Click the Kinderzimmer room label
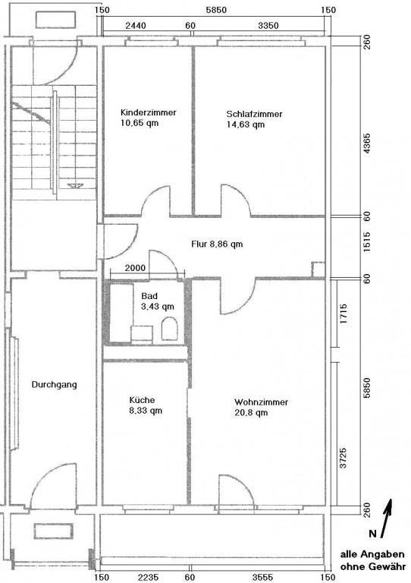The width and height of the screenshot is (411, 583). [x=149, y=117]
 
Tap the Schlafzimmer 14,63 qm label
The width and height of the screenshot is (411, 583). [x=254, y=119]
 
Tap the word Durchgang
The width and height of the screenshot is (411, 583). [x=54, y=385]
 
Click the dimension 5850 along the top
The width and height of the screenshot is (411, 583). [x=215, y=9]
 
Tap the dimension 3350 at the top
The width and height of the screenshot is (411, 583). [x=268, y=25]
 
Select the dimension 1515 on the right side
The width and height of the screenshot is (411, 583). [x=367, y=247]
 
